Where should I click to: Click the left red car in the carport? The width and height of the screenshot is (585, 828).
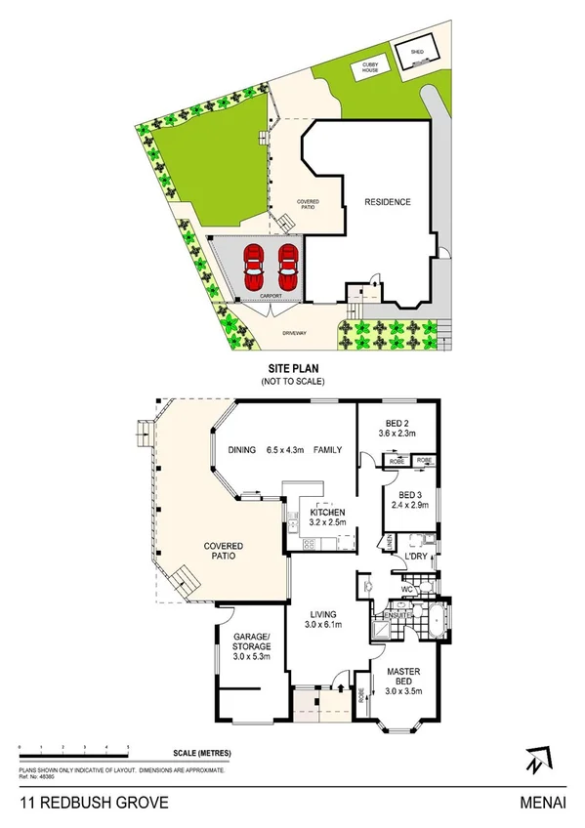click(254, 262)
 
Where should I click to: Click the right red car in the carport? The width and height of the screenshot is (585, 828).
click(287, 262)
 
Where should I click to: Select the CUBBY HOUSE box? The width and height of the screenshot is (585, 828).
click(376, 66)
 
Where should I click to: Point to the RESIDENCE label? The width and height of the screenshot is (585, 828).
click(388, 202)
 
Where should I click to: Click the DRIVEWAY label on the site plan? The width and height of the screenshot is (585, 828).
click(295, 334)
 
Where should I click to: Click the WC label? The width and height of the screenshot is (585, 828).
click(406, 589)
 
